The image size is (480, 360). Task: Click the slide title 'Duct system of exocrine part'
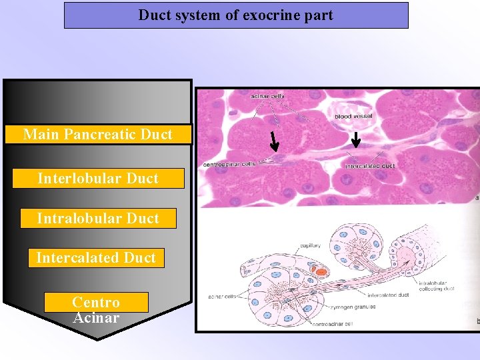[235, 15]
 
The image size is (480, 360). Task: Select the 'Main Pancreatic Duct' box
[98, 134]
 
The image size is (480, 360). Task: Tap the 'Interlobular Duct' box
[98, 178]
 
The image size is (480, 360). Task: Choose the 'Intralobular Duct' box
[98, 218]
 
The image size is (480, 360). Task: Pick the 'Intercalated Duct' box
[96, 257]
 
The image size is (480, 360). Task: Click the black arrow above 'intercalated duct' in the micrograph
[356, 139]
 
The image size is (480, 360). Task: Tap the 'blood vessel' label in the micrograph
[353, 117]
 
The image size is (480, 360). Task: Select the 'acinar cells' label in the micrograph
[267, 96]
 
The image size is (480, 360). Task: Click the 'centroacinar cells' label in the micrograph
[229, 164]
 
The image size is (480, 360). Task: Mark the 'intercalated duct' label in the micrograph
[370, 165]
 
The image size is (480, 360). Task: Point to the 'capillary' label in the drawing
[310, 245]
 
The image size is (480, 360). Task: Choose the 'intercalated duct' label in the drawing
[391, 294]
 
